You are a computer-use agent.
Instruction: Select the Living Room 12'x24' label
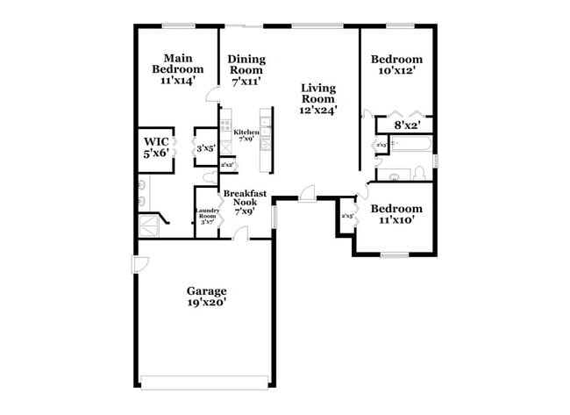317,99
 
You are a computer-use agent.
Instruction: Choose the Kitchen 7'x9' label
245,134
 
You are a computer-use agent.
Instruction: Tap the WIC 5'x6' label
158,147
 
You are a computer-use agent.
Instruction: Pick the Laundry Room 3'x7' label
207,217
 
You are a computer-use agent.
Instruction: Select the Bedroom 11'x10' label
395,215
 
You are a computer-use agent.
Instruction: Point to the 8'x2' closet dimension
407,126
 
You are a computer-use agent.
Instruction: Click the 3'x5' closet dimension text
206,148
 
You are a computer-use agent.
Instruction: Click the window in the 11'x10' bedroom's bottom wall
394,254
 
